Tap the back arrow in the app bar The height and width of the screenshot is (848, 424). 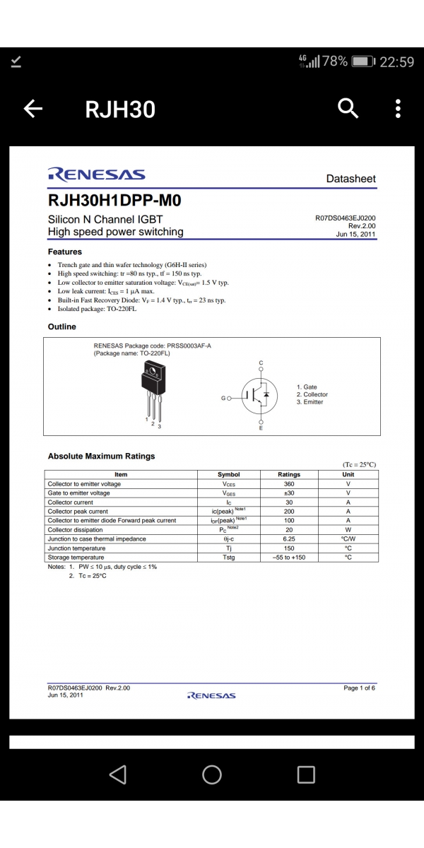point(33,109)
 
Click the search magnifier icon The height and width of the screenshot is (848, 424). point(348,108)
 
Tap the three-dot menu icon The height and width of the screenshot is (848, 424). point(398,109)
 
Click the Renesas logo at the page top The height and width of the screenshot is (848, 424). point(96,175)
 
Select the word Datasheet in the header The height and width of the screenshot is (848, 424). point(351,179)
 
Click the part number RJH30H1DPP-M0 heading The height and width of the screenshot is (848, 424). point(114,201)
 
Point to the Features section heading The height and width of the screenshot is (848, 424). point(65,252)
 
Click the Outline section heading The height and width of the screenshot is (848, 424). point(61,326)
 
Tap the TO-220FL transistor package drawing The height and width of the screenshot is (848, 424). point(152,389)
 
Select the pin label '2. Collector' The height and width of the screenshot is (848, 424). point(312,394)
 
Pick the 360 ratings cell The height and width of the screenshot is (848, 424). point(289,484)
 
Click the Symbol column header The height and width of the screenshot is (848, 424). point(228,474)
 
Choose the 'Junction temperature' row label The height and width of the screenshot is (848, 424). point(76,548)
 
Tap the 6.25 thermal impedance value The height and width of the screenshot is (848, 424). point(289,539)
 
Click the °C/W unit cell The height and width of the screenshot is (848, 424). point(348,539)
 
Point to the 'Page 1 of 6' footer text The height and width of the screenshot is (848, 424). point(359,688)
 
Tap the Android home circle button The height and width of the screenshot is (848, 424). point(212,775)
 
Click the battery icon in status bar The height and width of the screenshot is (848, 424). point(363,61)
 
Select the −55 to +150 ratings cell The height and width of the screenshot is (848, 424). point(289,558)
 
